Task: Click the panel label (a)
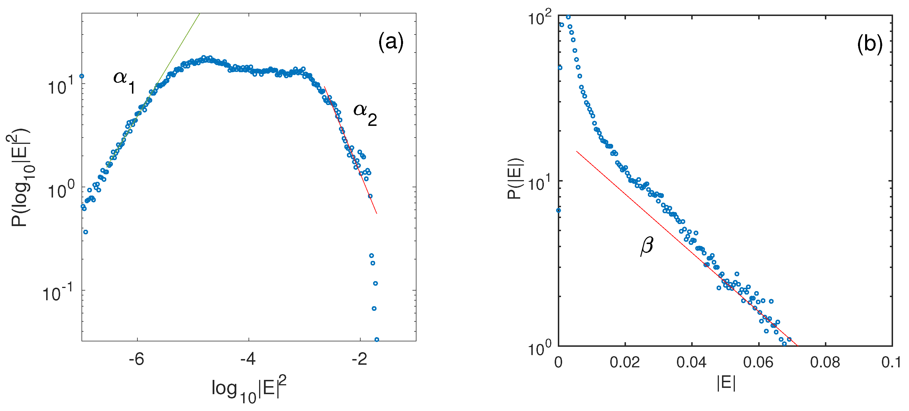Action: (x=391, y=43)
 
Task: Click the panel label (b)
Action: (x=869, y=45)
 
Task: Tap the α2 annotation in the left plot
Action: (x=365, y=114)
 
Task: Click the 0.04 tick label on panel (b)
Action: (x=691, y=362)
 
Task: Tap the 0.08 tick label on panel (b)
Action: (x=825, y=362)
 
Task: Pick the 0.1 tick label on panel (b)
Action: (x=891, y=362)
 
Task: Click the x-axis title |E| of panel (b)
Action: (x=726, y=383)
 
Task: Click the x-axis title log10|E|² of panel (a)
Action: (x=249, y=389)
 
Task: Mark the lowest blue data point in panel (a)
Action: (x=377, y=340)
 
